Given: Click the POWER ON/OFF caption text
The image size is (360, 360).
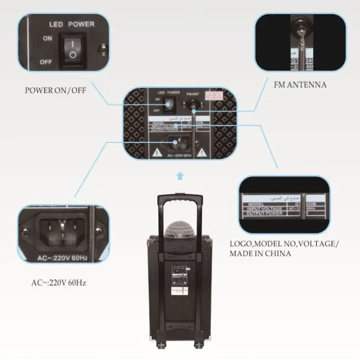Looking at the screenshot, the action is [x=55, y=90].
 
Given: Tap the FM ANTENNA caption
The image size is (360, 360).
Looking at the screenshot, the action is [x=300, y=85].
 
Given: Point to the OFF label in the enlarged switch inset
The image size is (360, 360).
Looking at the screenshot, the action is [x=45, y=62].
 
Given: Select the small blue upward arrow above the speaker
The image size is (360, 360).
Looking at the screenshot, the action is [x=178, y=176].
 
